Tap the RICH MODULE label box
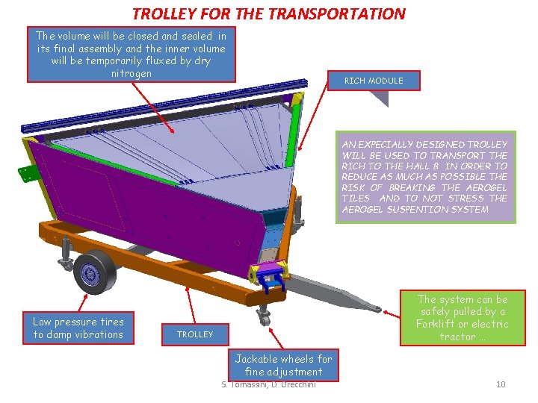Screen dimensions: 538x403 (x=373, y=81)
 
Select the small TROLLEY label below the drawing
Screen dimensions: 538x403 (x=195, y=334)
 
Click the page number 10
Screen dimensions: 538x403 (x=501, y=384)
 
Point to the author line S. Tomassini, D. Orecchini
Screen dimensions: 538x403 (x=269, y=384)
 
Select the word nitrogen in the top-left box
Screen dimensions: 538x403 (x=131, y=73)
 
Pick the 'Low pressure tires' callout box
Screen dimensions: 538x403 (x=78, y=328)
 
